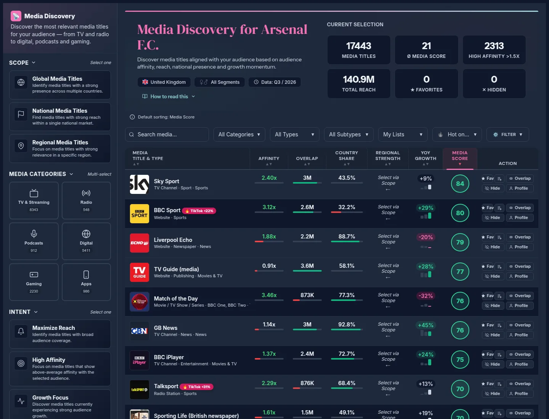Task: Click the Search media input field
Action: click(x=167, y=134)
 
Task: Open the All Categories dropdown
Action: click(x=239, y=134)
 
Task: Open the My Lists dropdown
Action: click(x=403, y=134)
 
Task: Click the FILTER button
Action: click(x=508, y=134)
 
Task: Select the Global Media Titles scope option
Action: click(x=60, y=85)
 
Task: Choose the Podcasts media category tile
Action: click(x=34, y=241)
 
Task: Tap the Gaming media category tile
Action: click(x=34, y=282)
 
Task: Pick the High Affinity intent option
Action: click(x=60, y=369)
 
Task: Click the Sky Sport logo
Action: click(x=139, y=184)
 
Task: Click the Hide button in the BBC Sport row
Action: click(x=493, y=217)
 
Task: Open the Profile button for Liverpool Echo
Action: click(x=519, y=247)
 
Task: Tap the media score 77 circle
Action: click(x=460, y=272)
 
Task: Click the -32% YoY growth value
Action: click(x=425, y=296)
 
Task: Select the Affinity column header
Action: click(x=269, y=158)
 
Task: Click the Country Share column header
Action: click(x=347, y=156)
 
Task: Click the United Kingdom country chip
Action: click(x=164, y=82)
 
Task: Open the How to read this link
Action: click(x=169, y=96)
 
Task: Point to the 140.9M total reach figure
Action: click(x=358, y=80)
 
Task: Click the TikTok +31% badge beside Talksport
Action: click(x=196, y=387)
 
